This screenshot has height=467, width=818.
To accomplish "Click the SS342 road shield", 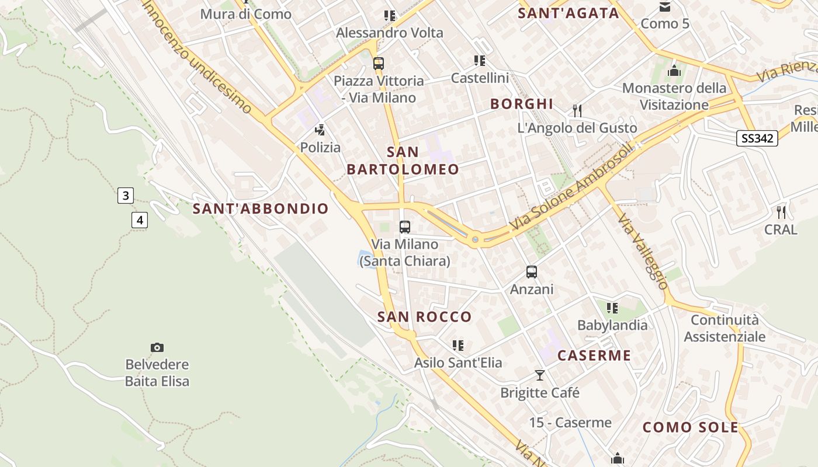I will click(x=757, y=138).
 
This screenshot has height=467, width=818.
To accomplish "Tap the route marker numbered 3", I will click(x=126, y=196).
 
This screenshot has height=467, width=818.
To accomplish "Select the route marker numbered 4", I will click(x=139, y=220).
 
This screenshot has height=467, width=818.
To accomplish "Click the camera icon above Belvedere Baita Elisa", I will click(x=157, y=348).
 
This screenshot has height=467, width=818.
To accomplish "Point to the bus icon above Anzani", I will click(x=532, y=271).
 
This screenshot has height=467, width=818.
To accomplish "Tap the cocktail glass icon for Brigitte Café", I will click(x=540, y=375).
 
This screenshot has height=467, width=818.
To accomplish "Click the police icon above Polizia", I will click(x=320, y=130).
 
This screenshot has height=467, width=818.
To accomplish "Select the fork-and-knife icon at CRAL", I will click(x=781, y=212).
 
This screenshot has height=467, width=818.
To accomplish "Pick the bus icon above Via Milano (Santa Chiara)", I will click(x=405, y=227).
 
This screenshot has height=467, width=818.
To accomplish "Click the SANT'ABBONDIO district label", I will click(x=261, y=208).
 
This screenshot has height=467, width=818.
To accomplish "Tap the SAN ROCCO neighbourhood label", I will click(x=424, y=317).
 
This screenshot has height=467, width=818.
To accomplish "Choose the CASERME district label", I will click(x=594, y=356).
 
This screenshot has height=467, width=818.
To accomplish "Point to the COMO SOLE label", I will click(x=691, y=427).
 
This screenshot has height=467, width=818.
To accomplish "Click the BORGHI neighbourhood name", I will click(x=522, y=104).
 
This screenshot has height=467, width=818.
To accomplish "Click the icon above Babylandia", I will click(x=612, y=308).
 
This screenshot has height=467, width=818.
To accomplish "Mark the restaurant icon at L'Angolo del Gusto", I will click(x=577, y=110).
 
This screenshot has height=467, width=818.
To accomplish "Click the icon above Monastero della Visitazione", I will click(x=675, y=71).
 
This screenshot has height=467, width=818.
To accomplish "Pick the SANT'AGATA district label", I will click(x=569, y=13).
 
